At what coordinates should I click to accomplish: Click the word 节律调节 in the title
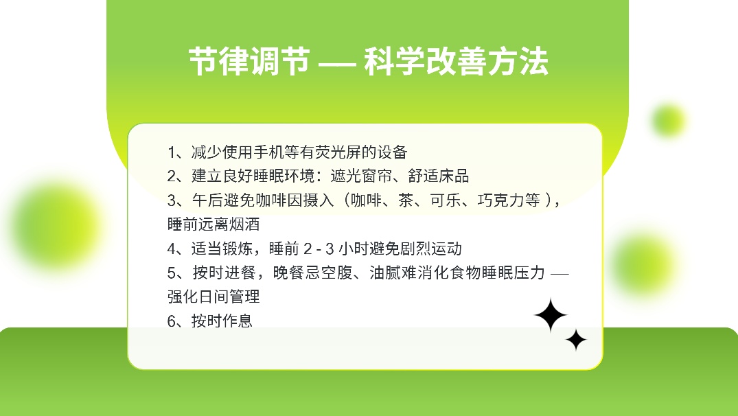(249, 62)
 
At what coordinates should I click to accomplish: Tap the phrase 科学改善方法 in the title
(456, 62)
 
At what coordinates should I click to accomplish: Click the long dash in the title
(337, 62)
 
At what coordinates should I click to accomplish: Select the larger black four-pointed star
(551, 315)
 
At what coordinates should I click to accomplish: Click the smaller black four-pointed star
(575, 340)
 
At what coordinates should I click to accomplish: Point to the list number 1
(172, 152)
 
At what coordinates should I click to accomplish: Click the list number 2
(172, 176)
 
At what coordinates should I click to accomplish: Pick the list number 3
(172, 200)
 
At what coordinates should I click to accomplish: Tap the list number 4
(172, 249)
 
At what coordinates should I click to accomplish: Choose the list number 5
(172, 273)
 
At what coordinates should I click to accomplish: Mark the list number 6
(172, 321)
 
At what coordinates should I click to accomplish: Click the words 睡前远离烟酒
(214, 224)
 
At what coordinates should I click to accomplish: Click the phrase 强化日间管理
(214, 297)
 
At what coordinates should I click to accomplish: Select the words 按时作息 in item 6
(222, 321)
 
